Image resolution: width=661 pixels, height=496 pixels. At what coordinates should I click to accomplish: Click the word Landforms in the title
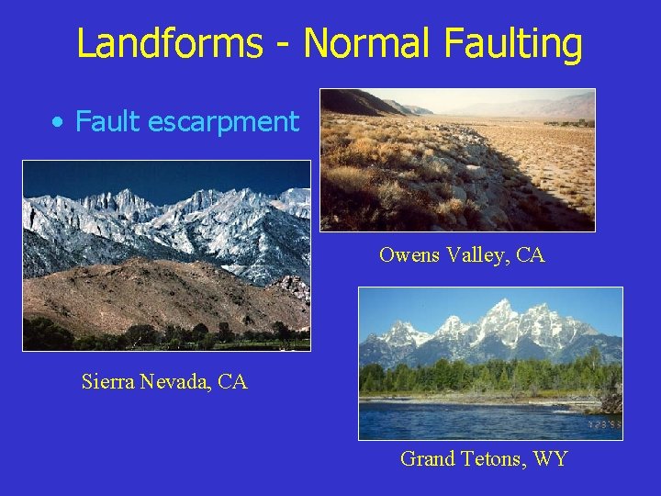coord(169,43)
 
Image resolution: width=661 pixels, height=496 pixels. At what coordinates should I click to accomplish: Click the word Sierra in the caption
coord(107,381)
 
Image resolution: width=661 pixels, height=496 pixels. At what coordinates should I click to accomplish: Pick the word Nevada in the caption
coord(176,381)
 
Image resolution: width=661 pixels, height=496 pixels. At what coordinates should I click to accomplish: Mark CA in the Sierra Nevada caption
coord(232,381)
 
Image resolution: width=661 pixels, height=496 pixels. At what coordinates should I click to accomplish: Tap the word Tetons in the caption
coord(489,458)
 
